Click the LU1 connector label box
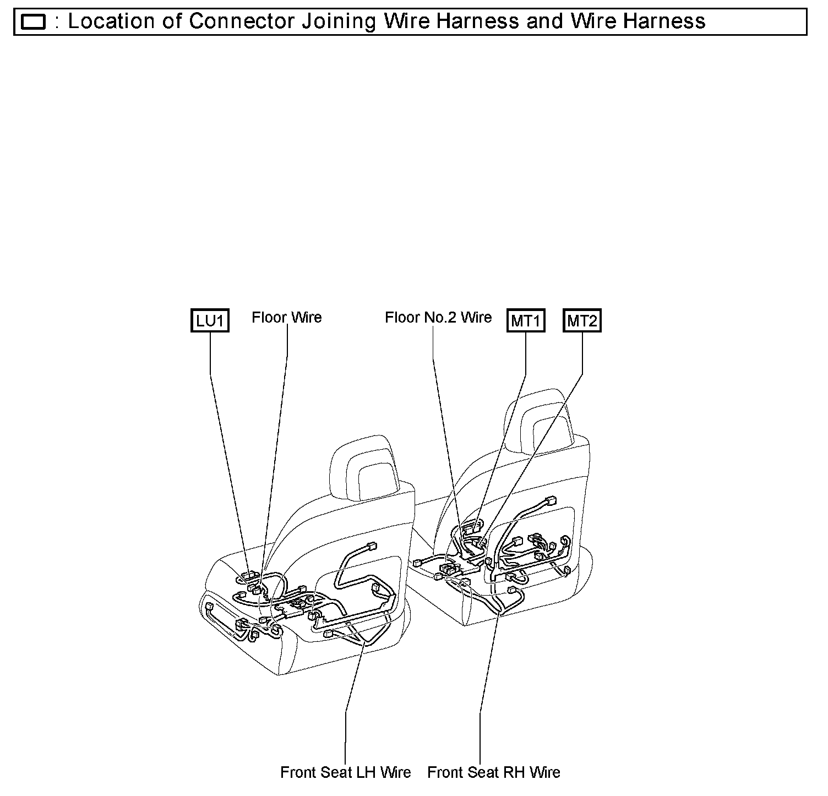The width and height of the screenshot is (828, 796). [x=209, y=321]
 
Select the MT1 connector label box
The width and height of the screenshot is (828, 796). [x=526, y=321]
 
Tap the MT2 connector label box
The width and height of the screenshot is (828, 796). [x=582, y=321]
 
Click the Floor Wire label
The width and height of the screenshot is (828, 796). [x=287, y=317]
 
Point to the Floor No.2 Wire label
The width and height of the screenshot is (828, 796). [x=438, y=317]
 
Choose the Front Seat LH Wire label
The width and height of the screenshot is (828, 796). [x=345, y=772]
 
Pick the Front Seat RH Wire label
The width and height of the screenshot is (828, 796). [x=494, y=772]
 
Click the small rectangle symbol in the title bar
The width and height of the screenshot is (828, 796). [x=32, y=22]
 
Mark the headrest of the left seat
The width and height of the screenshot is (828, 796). [x=364, y=465]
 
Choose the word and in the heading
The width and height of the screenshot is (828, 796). [x=544, y=22]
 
